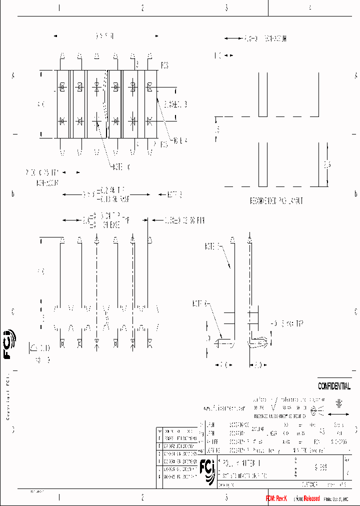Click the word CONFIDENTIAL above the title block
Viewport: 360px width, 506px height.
click(x=334, y=386)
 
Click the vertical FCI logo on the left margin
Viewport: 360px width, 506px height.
click(x=9, y=345)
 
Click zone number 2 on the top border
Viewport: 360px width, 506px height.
click(x=143, y=8)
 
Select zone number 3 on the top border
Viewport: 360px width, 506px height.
click(x=226, y=8)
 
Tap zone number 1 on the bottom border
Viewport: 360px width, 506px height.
click(x=59, y=497)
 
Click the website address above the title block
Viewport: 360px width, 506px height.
click(x=223, y=408)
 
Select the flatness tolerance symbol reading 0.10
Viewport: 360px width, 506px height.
click(x=40, y=347)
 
